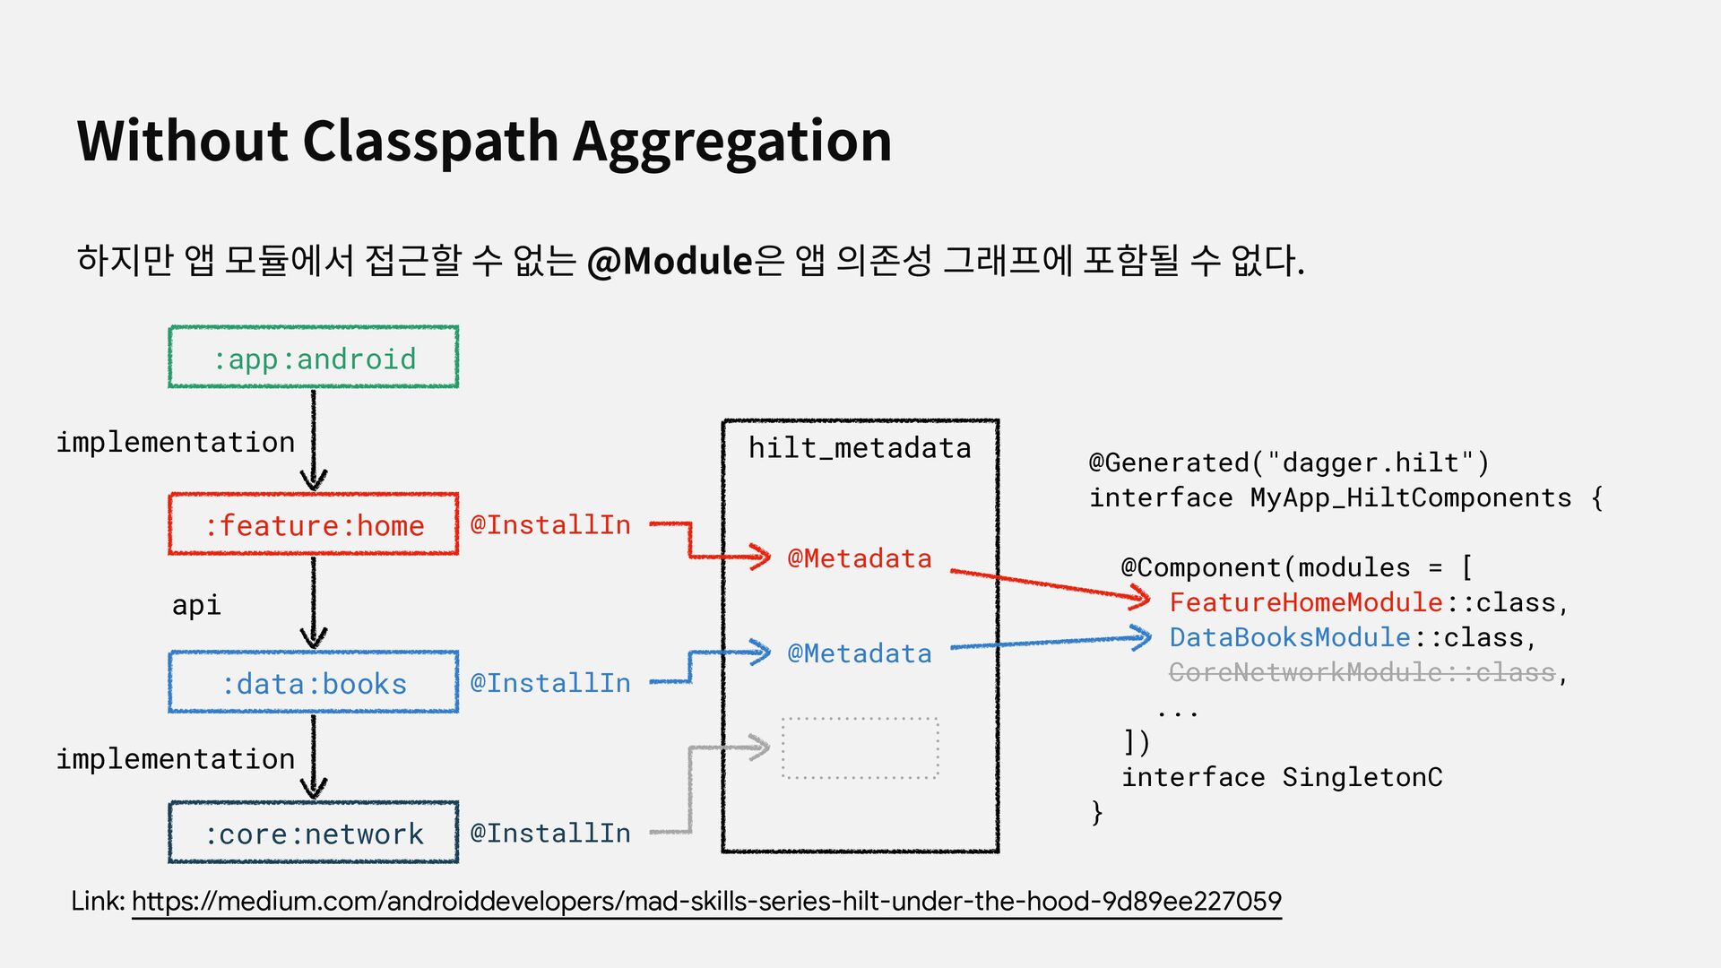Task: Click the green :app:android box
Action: (314, 358)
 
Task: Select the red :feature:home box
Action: (314, 524)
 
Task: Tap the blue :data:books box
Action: (314, 683)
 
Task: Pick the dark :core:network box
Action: (314, 834)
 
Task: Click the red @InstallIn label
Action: (550, 524)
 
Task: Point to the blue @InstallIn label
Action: (550, 683)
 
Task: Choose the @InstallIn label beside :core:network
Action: (550, 834)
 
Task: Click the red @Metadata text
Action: (859, 558)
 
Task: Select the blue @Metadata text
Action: (859, 653)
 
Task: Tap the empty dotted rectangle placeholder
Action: (860, 748)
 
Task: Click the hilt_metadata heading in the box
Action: (860, 447)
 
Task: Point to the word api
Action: (196, 605)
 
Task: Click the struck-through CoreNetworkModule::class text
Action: (1362, 672)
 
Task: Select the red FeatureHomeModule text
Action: (1305, 602)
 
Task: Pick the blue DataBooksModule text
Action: (1290, 637)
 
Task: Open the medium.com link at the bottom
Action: (706, 901)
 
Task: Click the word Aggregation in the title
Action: (731, 141)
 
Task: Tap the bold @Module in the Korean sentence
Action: (669, 261)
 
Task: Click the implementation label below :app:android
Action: (176, 442)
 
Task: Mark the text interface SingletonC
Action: (1282, 777)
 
